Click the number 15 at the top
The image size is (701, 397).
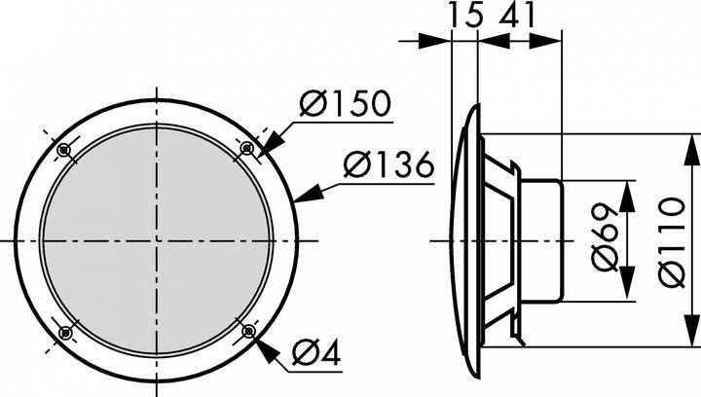click(x=465, y=17)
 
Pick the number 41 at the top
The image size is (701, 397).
click(x=519, y=17)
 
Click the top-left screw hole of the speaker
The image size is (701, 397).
click(x=64, y=149)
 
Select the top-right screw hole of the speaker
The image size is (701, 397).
click(x=247, y=148)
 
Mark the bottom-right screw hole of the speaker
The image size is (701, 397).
click(x=248, y=333)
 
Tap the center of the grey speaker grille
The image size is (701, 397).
click(x=156, y=240)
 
